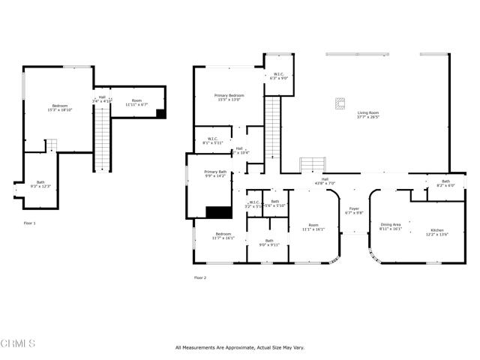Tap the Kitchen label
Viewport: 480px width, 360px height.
point(437,232)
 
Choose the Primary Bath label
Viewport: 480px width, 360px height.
point(215,174)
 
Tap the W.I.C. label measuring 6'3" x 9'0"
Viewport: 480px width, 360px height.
point(278,76)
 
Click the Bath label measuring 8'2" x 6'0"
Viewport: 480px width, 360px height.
point(445,183)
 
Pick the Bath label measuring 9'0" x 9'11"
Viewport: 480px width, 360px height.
point(268,242)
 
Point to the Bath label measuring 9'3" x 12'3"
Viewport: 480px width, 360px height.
point(37,184)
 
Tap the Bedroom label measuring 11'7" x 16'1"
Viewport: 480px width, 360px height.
point(223,235)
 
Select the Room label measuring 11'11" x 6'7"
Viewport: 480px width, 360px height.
point(136,103)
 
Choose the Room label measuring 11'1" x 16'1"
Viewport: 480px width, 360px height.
point(314,226)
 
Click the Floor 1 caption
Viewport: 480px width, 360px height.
point(29,223)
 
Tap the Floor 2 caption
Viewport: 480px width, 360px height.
point(199,277)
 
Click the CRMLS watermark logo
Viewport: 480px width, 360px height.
point(19,344)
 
